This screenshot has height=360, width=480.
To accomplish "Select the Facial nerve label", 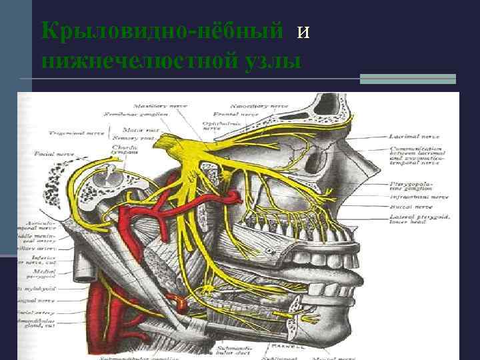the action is pos(50,154).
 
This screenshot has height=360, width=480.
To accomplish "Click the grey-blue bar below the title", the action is pos(407,79).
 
